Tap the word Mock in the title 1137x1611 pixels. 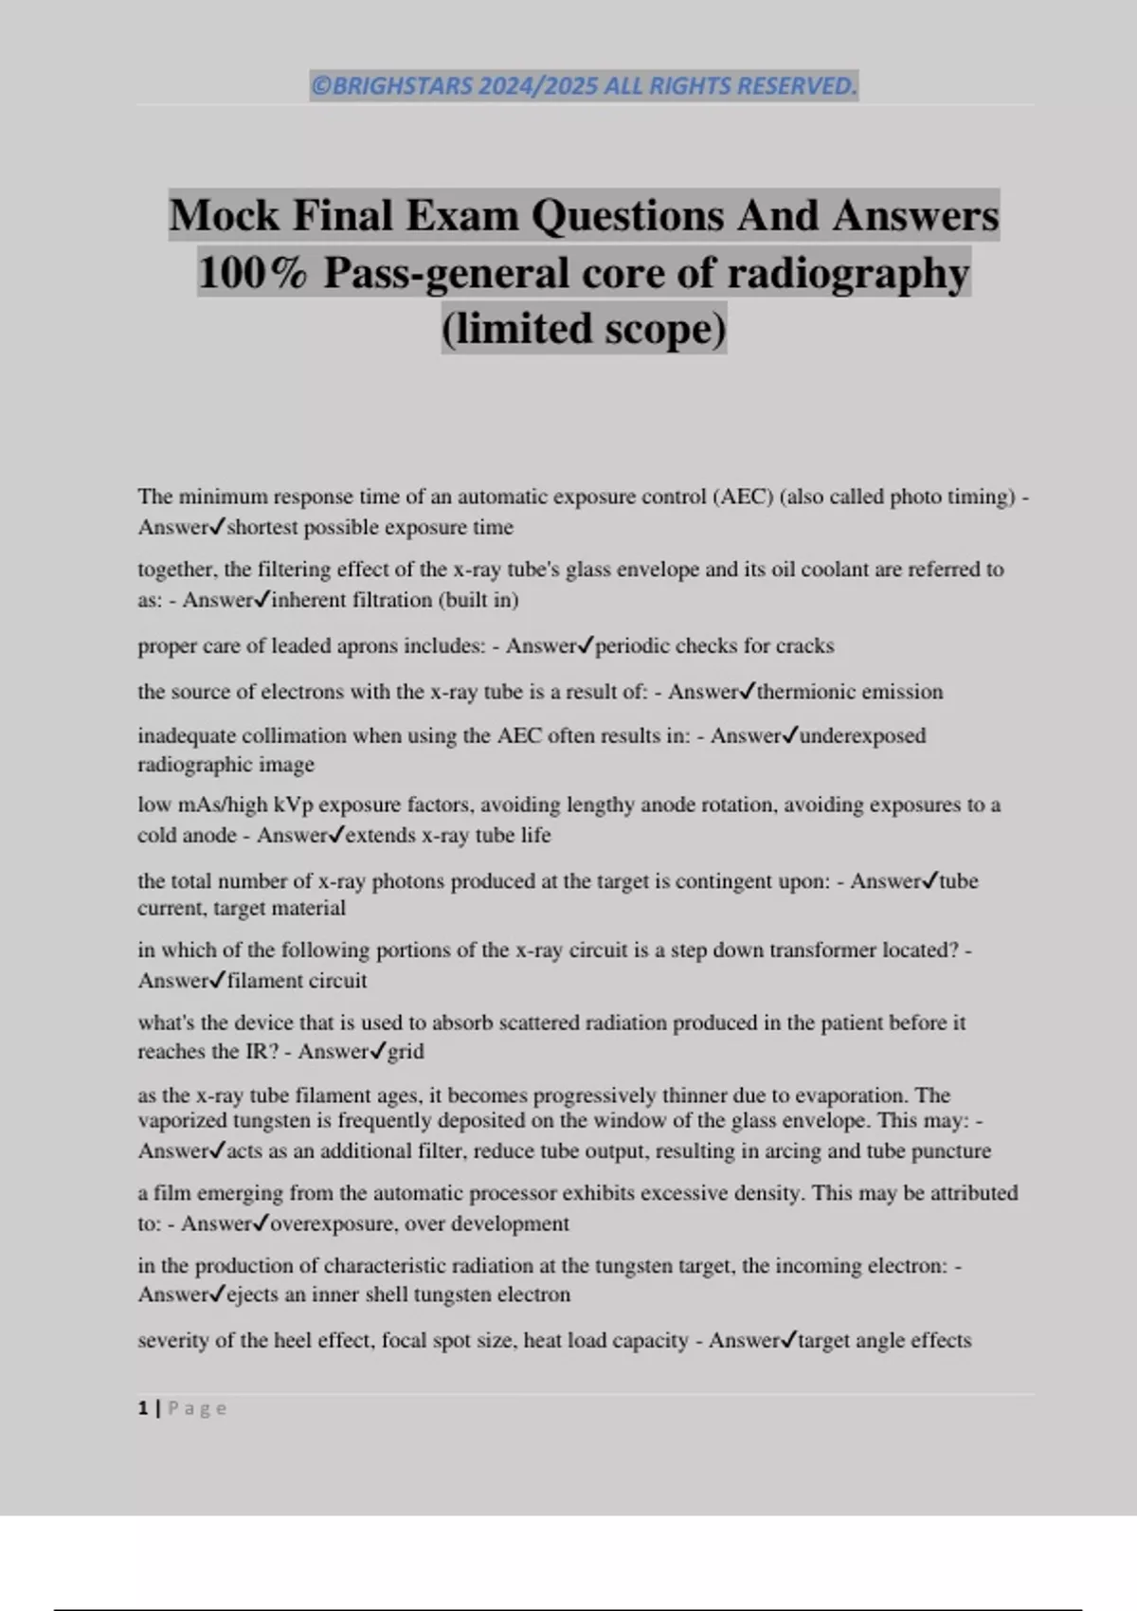pos(225,215)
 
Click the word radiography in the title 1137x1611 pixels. pos(848,273)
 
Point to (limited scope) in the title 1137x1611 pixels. pos(584,328)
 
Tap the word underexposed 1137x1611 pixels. pos(862,736)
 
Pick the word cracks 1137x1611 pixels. pos(804,646)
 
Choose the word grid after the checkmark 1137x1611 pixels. pos(406,1051)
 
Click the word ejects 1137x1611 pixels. pos(253,1294)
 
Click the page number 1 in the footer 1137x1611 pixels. pos(143,1408)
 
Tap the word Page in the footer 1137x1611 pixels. pos(197,1408)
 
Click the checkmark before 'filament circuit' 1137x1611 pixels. pos(217,980)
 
